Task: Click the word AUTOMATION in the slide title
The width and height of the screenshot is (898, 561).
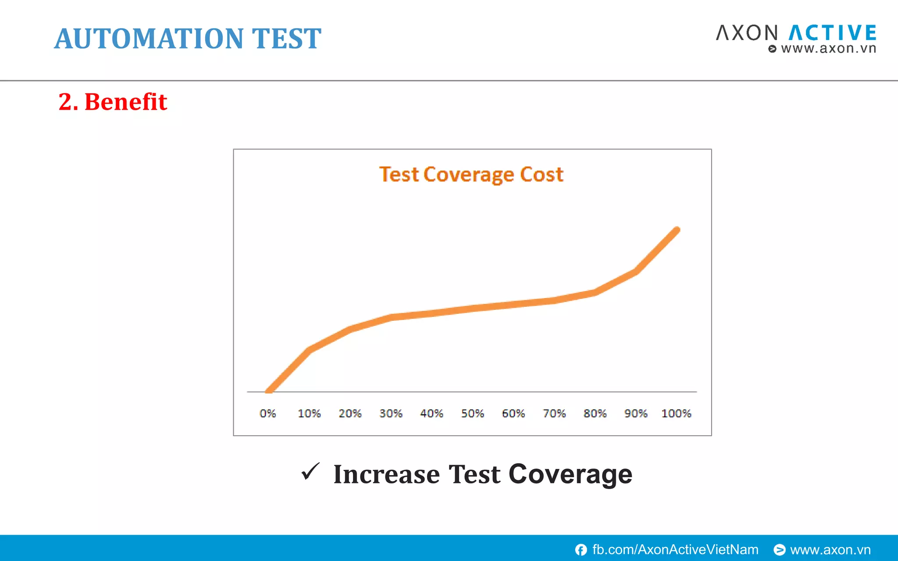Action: [x=149, y=39]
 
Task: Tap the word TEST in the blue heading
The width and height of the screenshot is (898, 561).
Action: [x=286, y=39]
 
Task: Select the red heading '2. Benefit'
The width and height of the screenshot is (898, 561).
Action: [x=113, y=102]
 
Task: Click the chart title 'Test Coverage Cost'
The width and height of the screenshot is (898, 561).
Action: [x=471, y=174]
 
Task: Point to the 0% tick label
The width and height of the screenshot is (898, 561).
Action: [x=267, y=413]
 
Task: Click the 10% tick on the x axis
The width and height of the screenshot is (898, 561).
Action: [x=309, y=413]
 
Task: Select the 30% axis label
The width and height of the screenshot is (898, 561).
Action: [x=391, y=413]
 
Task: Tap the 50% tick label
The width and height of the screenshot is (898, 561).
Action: [x=472, y=413]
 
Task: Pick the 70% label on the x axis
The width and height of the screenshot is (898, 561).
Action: [x=554, y=413]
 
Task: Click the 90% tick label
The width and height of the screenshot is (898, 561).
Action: [x=636, y=413]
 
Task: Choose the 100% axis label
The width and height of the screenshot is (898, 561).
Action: [x=676, y=413]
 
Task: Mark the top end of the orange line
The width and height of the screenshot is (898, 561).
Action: [x=677, y=230]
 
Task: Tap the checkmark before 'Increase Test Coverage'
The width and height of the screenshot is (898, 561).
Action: [x=310, y=472]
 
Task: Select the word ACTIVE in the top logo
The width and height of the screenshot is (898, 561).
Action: [x=832, y=33]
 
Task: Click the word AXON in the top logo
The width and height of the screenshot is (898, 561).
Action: [x=747, y=33]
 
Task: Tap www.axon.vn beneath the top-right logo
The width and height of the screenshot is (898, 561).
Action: [x=828, y=48]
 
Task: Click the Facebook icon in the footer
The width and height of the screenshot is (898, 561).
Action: [x=581, y=550]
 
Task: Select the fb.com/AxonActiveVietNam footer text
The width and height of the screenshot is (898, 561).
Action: [x=675, y=550]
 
